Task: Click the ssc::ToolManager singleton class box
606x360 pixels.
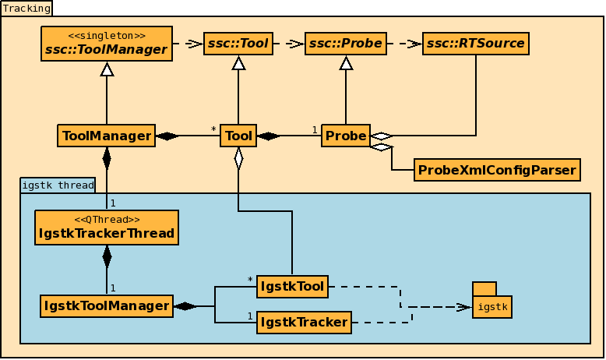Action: tap(106, 44)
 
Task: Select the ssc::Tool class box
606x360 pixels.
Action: tap(238, 44)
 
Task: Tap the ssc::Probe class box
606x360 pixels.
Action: tap(346, 44)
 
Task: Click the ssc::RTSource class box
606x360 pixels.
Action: tap(475, 44)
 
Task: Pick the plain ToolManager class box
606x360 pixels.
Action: tap(106, 136)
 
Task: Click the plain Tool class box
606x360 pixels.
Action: tap(238, 136)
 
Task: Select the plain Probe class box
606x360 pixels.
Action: tap(346, 136)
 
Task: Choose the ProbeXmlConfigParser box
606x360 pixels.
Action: tap(497, 170)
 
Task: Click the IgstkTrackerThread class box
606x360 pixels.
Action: tap(107, 228)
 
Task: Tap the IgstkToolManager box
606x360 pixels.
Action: tap(106, 306)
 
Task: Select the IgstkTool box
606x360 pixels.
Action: tap(292, 287)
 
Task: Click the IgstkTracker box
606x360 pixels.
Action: tap(304, 322)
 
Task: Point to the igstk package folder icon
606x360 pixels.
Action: tap(491, 301)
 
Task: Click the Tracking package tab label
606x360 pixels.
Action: tap(26, 9)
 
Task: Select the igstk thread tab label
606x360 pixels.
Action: tap(58, 185)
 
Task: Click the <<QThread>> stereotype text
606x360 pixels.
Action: tap(107, 220)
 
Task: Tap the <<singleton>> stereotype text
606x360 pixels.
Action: tap(107, 35)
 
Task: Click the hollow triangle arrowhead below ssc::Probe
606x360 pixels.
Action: tap(346, 63)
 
